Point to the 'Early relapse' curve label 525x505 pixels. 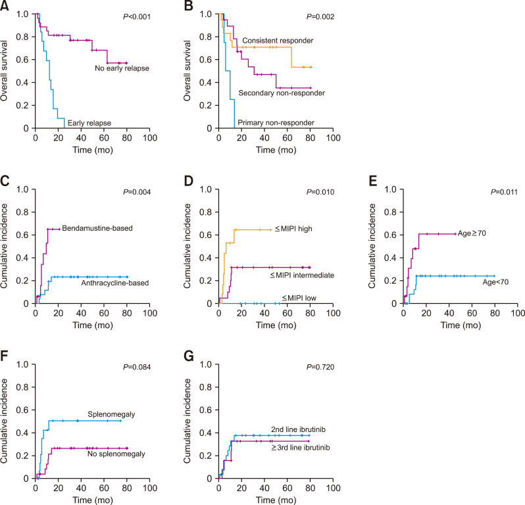click(x=88, y=122)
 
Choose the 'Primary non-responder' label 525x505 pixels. click(x=275, y=122)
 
